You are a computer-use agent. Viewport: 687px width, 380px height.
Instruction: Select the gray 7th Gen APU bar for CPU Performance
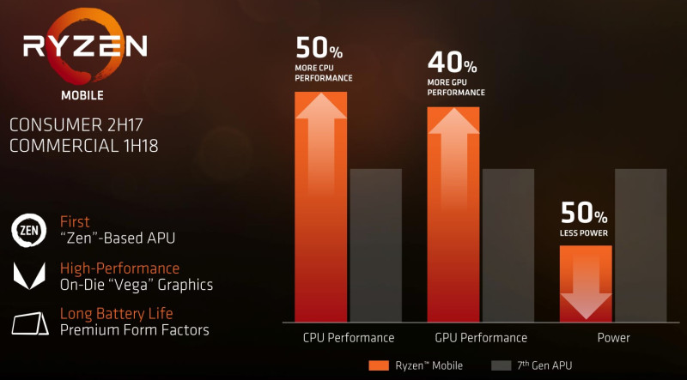[x=375, y=244]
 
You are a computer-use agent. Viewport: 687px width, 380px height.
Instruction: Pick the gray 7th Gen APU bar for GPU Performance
[x=508, y=244]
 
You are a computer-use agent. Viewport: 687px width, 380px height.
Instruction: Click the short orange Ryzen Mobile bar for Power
[x=586, y=266]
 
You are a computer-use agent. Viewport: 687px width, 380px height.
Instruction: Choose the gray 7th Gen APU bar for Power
[x=641, y=244]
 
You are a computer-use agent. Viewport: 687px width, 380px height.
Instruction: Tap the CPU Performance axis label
[x=349, y=338]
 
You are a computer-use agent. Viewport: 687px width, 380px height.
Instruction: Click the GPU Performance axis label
[x=481, y=338]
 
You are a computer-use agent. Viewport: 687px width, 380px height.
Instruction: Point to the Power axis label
[x=613, y=338]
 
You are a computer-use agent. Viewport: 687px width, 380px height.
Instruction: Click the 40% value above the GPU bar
[x=452, y=63]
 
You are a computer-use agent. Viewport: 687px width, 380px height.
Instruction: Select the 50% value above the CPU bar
[x=319, y=48]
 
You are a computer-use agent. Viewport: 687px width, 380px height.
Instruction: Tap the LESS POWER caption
[x=584, y=232]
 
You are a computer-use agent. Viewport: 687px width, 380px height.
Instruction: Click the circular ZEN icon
[x=29, y=229]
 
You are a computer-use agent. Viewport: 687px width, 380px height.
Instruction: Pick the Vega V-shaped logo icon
[x=29, y=276]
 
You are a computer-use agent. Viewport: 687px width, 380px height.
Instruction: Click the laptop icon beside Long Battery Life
[x=29, y=323]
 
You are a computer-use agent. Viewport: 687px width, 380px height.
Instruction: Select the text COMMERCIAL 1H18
[x=83, y=146]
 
